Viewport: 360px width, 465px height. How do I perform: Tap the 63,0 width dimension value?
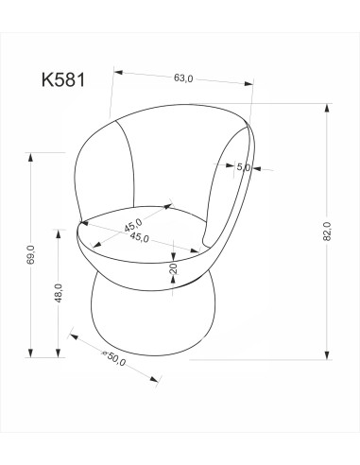pos(183,79)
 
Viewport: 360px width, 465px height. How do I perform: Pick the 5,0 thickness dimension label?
pos(243,167)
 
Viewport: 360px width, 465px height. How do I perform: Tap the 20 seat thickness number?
pos(173,269)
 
